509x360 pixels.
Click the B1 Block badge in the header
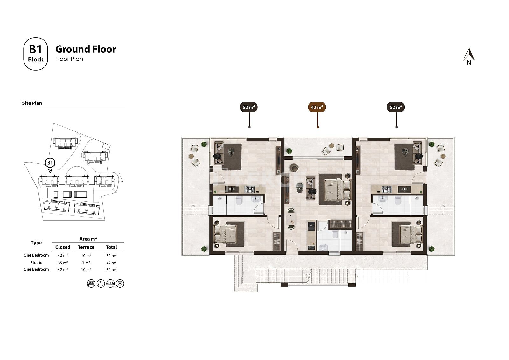pos(36,54)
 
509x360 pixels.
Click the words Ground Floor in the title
pos(86,49)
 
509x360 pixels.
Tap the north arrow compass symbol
pos(469,57)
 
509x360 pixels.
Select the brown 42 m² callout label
pos(317,107)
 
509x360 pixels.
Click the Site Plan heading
pos(32,103)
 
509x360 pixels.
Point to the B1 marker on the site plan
pos(50,163)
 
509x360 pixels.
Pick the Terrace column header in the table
pos(86,247)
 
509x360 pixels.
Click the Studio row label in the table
pos(36,262)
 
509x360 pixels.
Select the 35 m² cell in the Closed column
pos(63,263)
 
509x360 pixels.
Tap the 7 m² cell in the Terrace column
pos(86,263)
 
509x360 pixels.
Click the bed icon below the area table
pos(91,284)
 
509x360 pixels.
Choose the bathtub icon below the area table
pos(101,284)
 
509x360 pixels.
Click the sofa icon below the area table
pos(110,284)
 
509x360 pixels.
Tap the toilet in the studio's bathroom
pos(335,234)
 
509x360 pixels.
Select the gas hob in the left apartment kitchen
pos(250,189)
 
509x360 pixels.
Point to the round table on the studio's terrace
pos(331,145)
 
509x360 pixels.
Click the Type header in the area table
pos(36,243)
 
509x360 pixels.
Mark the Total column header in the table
pos(111,247)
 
